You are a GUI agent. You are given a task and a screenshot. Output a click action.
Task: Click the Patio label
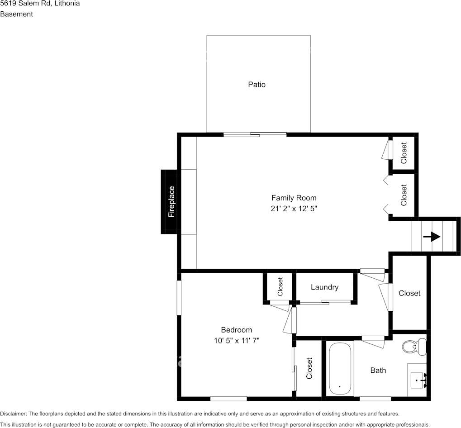pos(257,85)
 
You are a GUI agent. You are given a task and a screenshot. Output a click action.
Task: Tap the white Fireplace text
pos(171,202)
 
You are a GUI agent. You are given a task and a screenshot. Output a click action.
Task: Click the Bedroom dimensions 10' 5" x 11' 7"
pos(236,340)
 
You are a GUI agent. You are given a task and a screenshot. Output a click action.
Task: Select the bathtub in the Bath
pos(339,369)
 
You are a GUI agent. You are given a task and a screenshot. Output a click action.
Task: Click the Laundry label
pos(324,287)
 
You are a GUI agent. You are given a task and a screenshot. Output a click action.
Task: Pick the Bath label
pos(378,371)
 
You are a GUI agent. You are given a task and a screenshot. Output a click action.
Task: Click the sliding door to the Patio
pos(255,134)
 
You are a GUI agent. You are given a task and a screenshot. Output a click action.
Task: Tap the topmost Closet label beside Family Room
pos(404,153)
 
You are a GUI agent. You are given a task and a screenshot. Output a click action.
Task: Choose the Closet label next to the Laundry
pos(280,286)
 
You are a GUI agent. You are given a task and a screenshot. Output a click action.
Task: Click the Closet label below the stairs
pos(409,293)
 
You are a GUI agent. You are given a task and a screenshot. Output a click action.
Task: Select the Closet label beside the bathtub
pos(309,368)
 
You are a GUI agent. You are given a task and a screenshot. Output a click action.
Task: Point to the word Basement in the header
pos(16,14)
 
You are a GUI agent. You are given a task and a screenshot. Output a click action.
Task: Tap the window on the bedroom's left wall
pos(179,297)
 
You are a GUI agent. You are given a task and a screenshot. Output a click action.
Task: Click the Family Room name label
pos(294,198)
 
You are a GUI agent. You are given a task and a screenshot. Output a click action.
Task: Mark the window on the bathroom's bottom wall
pos(375,399)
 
